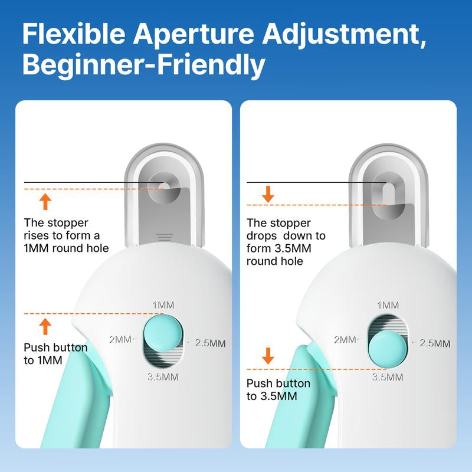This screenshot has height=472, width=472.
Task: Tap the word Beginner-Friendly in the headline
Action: [143, 65]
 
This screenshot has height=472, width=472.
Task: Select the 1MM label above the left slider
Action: [163, 305]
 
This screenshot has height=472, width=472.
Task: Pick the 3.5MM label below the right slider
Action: [388, 377]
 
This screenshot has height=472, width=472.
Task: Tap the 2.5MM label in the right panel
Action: [435, 343]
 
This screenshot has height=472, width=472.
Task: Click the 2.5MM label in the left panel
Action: [209, 343]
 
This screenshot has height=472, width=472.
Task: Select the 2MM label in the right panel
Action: [345, 339]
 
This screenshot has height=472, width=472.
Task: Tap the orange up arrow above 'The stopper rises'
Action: [45, 202]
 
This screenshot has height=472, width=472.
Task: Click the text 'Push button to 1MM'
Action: [55, 354]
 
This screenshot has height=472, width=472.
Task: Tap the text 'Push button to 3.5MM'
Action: [278, 390]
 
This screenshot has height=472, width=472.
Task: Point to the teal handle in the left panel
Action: [83, 401]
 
